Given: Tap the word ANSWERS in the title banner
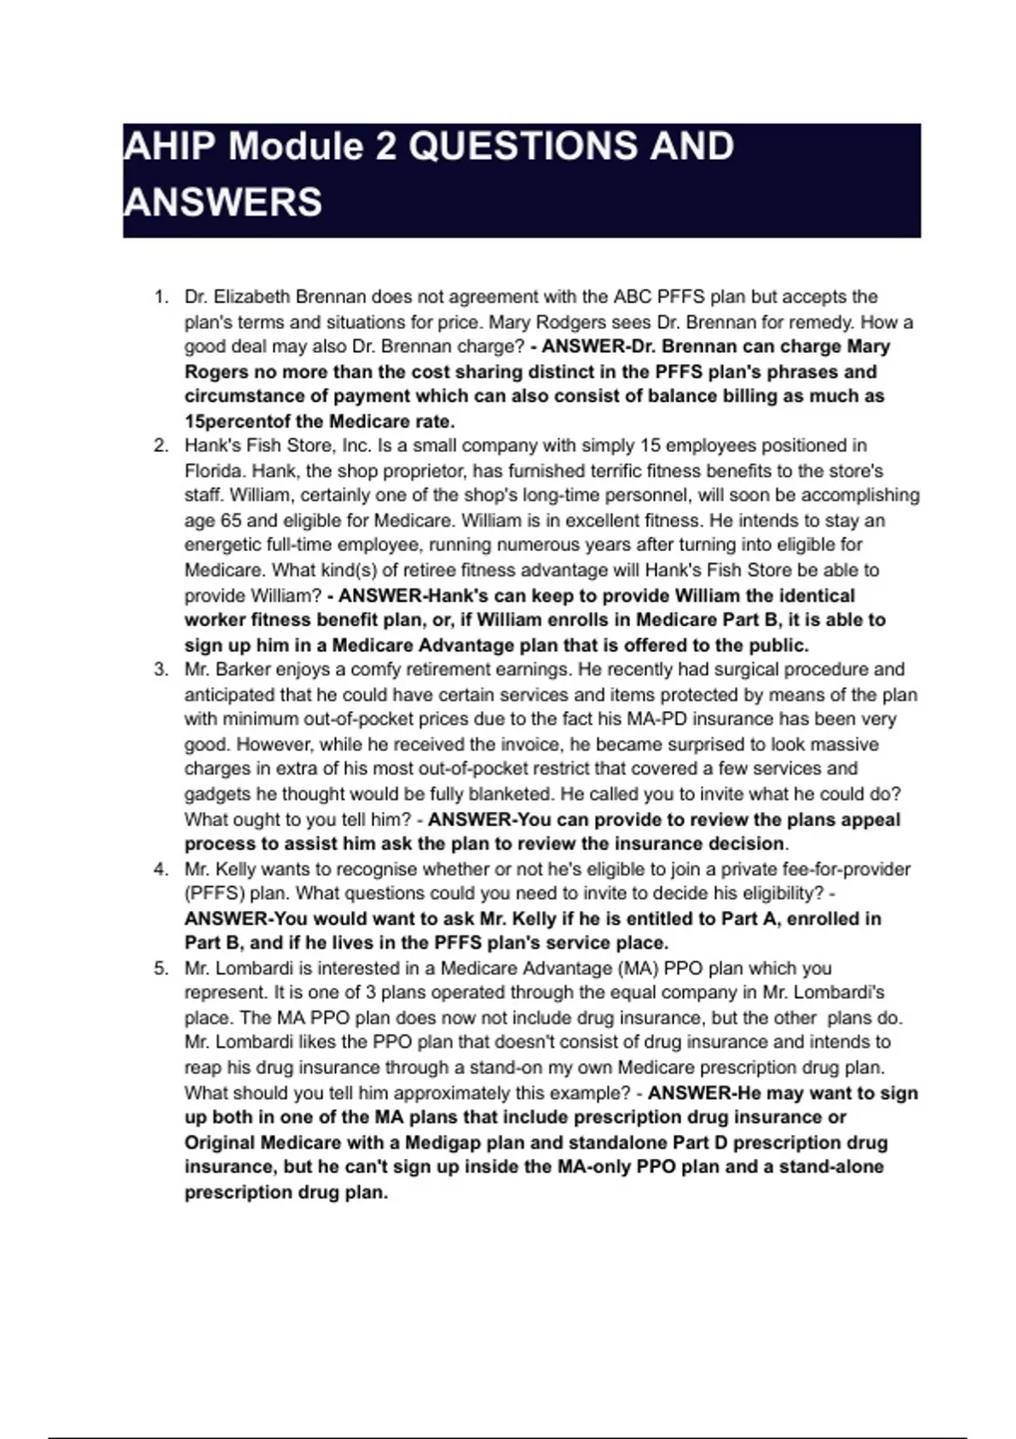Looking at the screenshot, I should click(x=223, y=203).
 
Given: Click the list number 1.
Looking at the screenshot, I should click(x=161, y=297).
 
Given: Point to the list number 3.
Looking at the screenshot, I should click(x=161, y=670).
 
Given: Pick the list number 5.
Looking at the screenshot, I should click(x=161, y=968).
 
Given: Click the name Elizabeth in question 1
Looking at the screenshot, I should click(x=248, y=297).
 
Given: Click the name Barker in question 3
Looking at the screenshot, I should click(x=242, y=670).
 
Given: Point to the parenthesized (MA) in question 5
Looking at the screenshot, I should click(x=634, y=968).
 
